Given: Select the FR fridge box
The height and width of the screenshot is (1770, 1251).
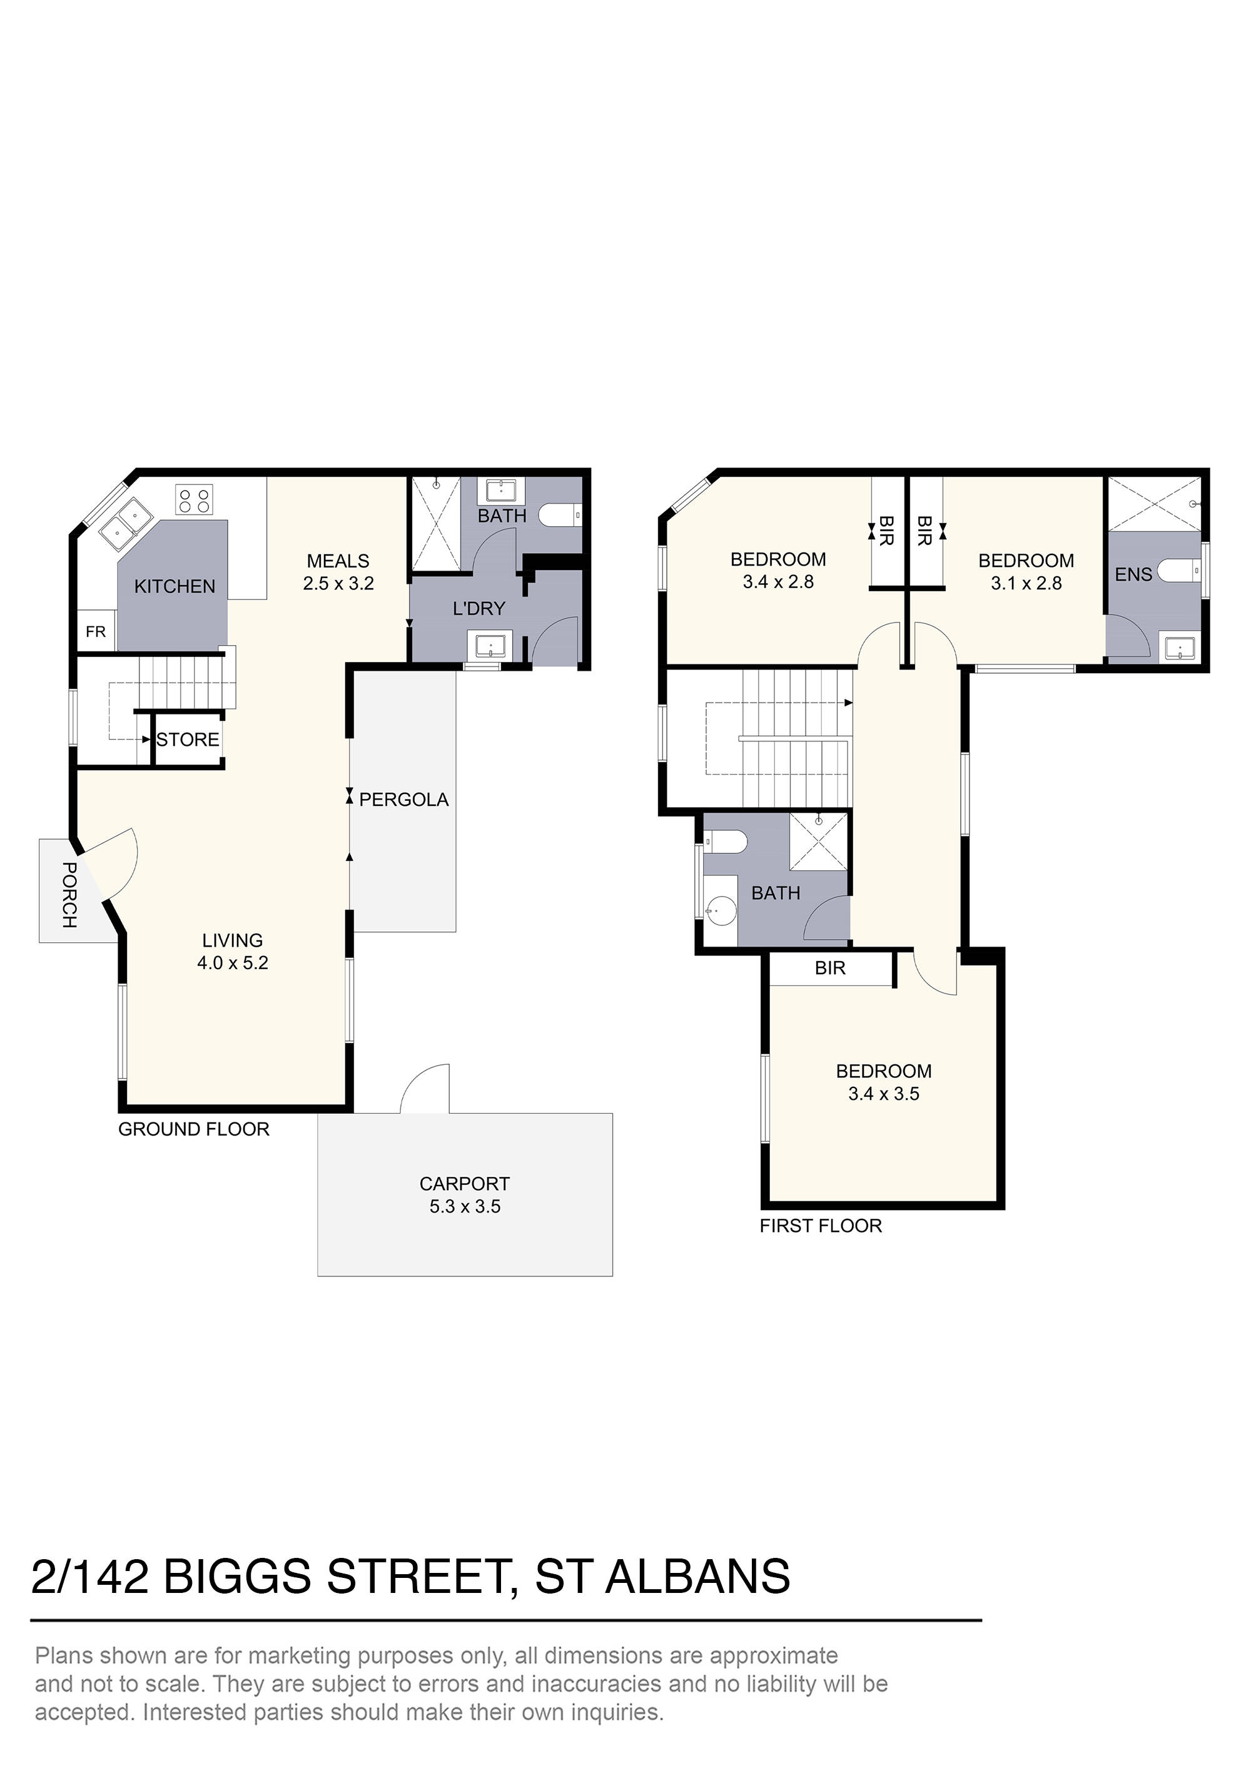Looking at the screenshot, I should pyautogui.click(x=96, y=632).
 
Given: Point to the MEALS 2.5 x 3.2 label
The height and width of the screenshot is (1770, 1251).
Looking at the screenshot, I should pyautogui.click(x=338, y=572).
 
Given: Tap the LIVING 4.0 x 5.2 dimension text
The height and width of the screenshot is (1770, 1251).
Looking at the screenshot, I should pyautogui.click(x=232, y=963).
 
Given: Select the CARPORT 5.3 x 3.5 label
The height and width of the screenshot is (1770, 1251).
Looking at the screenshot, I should pyautogui.click(x=464, y=1195).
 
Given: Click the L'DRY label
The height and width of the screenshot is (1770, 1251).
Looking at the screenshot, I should pyautogui.click(x=479, y=609).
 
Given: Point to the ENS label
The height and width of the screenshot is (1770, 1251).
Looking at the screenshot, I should pyautogui.click(x=1133, y=574).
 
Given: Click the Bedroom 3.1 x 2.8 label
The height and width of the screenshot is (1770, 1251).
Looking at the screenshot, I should pyautogui.click(x=1026, y=572).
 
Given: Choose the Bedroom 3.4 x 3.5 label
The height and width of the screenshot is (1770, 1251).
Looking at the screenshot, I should pyautogui.click(x=883, y=1082).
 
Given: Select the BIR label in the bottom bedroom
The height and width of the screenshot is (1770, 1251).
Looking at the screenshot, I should pyautogui.click(x=829, y=969).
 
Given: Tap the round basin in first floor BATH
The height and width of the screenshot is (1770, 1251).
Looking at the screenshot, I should pyautogui.click(x=721, y=910).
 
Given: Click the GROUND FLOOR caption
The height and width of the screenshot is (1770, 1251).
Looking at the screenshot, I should pyautogui.click(x=193, y=1129).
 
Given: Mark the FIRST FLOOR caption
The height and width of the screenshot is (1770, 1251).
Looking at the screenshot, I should pyautogui.click(x=820, y=1226).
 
